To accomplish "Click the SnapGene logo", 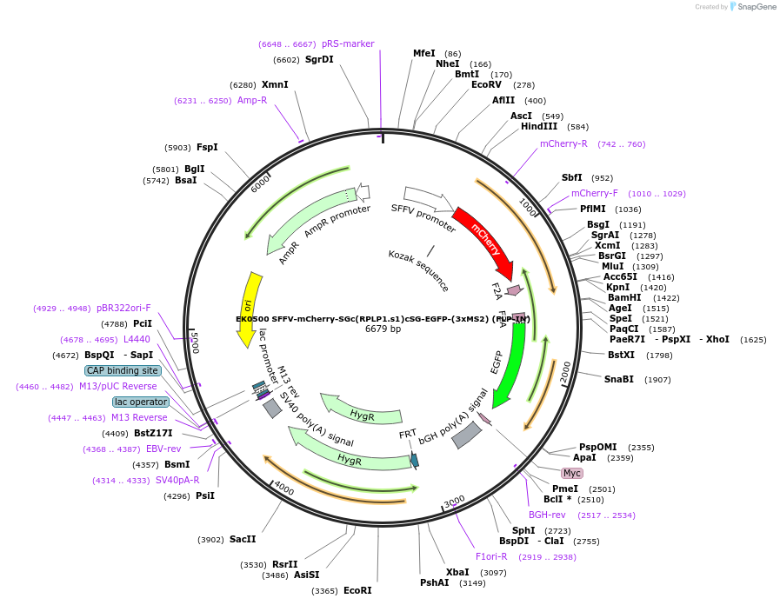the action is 749,6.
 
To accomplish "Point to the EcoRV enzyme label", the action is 486,84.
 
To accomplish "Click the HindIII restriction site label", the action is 539,126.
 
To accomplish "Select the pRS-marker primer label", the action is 348,43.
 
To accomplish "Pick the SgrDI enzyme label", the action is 319,59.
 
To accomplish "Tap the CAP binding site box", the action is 123,370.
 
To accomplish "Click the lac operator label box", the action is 140,402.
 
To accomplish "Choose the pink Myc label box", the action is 571,473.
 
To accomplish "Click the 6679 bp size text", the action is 383,329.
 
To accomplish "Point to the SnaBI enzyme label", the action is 625,379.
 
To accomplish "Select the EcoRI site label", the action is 357,590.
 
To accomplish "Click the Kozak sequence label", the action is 419,270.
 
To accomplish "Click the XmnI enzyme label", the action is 275,84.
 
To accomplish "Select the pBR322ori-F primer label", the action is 123,308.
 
